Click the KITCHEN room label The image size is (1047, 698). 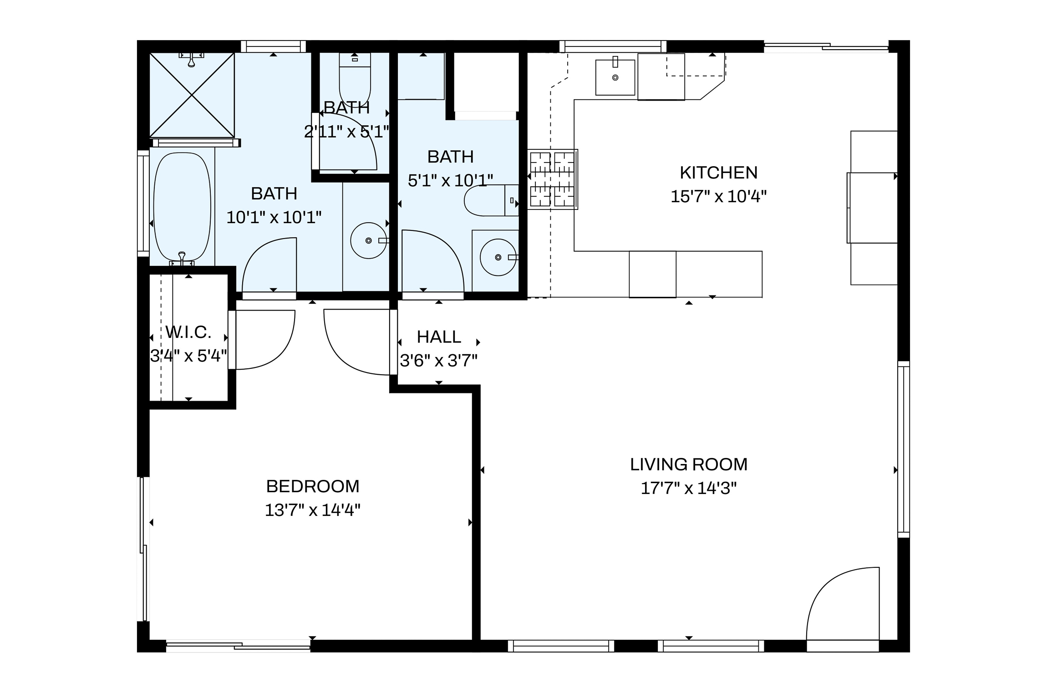[x=718, y=173]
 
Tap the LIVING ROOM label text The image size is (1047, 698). [x=688, y=464]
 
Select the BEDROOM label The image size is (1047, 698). [x=313, y=486]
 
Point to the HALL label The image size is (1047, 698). [x=439, y=337]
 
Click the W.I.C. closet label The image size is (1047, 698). [x=188, y=332]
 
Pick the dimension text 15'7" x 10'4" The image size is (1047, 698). [x=718, y=197]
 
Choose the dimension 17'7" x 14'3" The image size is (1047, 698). [x=688, y=489]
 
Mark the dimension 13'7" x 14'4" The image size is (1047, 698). [x=313, y=510]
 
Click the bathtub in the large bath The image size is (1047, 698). [x=182, y=207]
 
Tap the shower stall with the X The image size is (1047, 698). [x=192, y=95]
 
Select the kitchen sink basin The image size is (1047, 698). [x=615, y=77]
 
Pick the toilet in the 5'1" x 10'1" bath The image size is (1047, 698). [x=491, y=200]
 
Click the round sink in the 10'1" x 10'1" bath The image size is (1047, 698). [x=368, y=240]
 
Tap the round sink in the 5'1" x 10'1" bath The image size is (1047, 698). [x=498, y=258]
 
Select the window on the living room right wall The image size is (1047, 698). [x=904, y=449]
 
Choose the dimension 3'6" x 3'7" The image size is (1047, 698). [x=439, y=361]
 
